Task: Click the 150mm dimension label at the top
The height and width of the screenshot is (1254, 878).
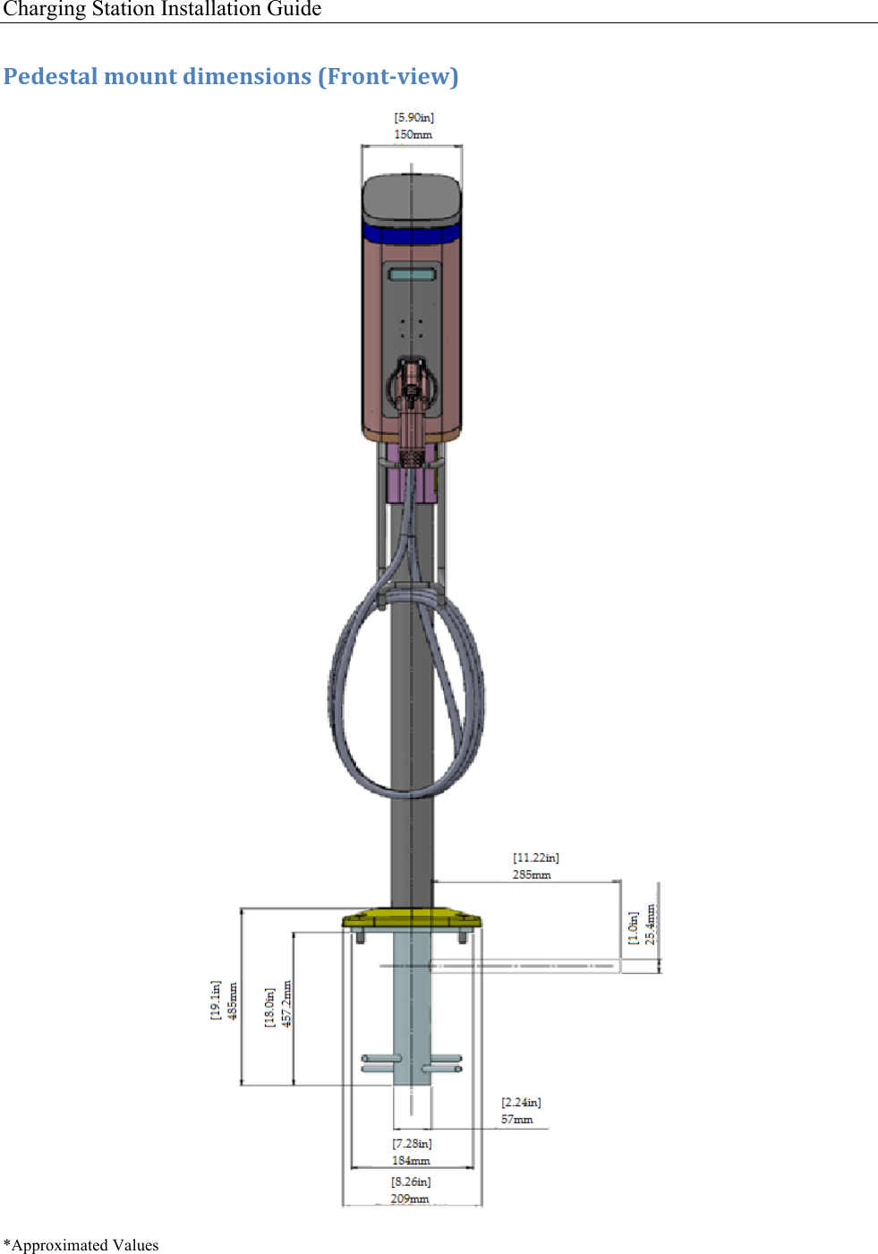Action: click(x=413, y=134)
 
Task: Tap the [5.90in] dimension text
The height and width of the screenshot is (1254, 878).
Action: click(x=413, y=117)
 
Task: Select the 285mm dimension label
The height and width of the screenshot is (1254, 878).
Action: click(x=532, y=874)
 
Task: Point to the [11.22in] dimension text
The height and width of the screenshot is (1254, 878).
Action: click(x=535, y=857)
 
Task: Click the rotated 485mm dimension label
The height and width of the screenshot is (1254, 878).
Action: click(x=233, y=1000)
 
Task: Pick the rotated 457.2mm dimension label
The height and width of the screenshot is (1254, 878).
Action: click(x=287, y=1003)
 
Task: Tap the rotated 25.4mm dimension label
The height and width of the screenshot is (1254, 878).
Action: click(x=651, y=925)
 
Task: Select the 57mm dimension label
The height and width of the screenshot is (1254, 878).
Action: click(x=516, y=1120)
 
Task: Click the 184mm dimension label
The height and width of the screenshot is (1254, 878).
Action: click(x=411, y=1161)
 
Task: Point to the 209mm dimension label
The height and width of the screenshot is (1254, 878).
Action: click(x=409, y=1199)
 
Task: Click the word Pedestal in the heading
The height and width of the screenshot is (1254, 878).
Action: click(x=50, y=76)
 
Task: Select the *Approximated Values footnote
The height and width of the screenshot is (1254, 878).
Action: click(x=81, y=1245)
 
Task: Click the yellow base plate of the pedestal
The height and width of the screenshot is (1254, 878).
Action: click(x=412, y=918)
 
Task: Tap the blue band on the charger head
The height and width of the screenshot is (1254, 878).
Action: click(x=412, y=235)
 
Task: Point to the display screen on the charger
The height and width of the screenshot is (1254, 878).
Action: click(x=412, y=274)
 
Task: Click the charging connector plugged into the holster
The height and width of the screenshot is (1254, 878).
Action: click(x=412, y=403)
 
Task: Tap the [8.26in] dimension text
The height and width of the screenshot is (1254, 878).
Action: click(x=411, y=1181)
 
